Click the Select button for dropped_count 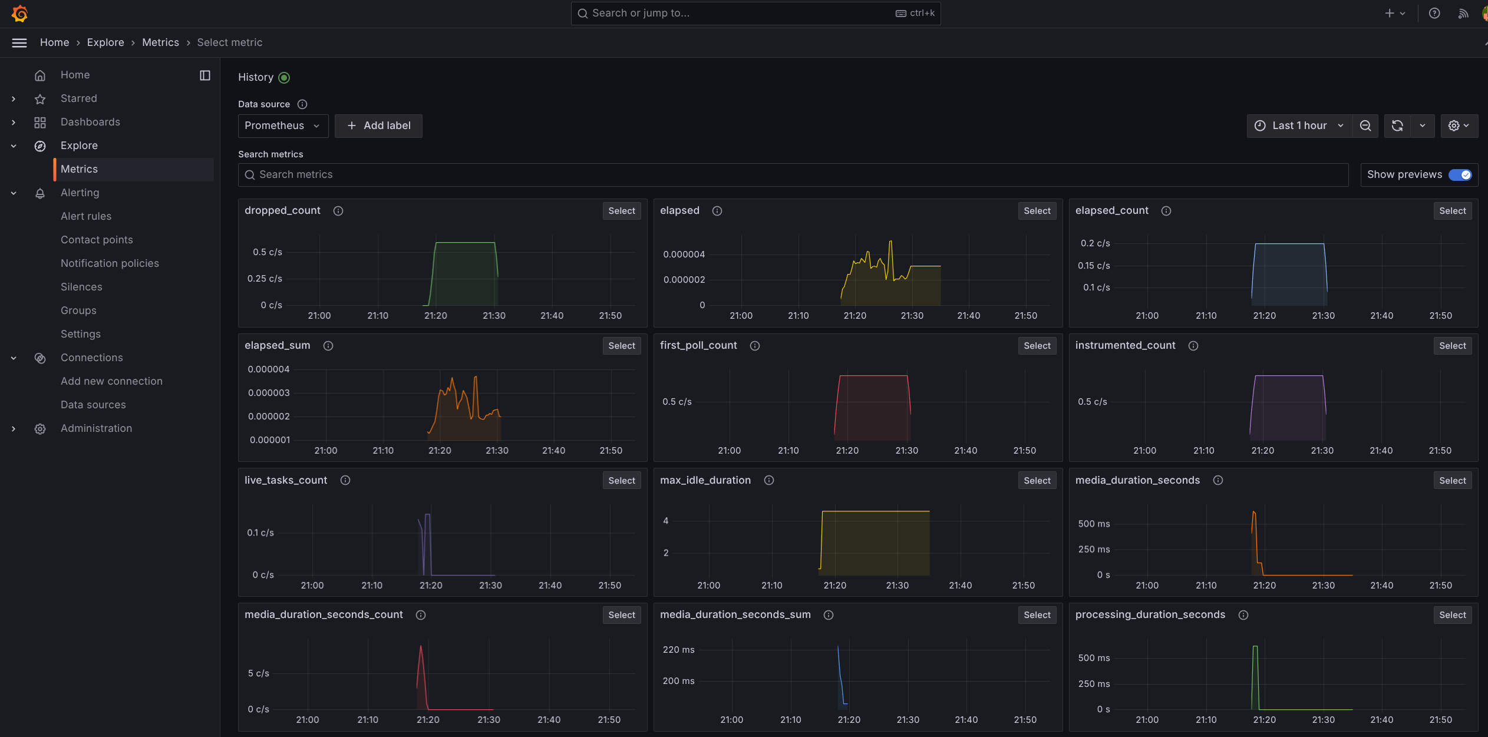pyautogui.click(x=622, y=211)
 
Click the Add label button pyautogui.click(x=378, y=125)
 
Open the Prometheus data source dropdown pyautogui.click(x=283, y=125)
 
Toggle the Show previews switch pyautogui.click(x=1460, y=174)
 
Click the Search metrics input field pyautogui.click(x=793, y=174)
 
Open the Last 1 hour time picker pyautogui.click(x=1299, y=125)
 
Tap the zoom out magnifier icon pyautogui.click(x=1365, y=125)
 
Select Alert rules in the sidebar pyautogui.click(x=86, y=216)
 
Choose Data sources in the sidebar pyautogui.click(x=93, y=405)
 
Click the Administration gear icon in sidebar pyautogui.click(x=40, y=429)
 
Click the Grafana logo pyautogui.click(x=19, y=14)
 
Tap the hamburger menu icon pyautogui.click(x=19, y=42)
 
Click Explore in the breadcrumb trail pyautogui.click(x=105, y=42)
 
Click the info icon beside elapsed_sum pyautogui.click(x=328, y=346)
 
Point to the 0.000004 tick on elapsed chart pyautogui.click(x=684, y=255)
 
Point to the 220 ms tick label pyautogui.click(x=679, y=650)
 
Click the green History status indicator pyautogui.click(x=284, y=78)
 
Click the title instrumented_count pyautogui.click(x=1125, y=345)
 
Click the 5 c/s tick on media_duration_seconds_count pyautogui.click(x=259, y=673)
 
